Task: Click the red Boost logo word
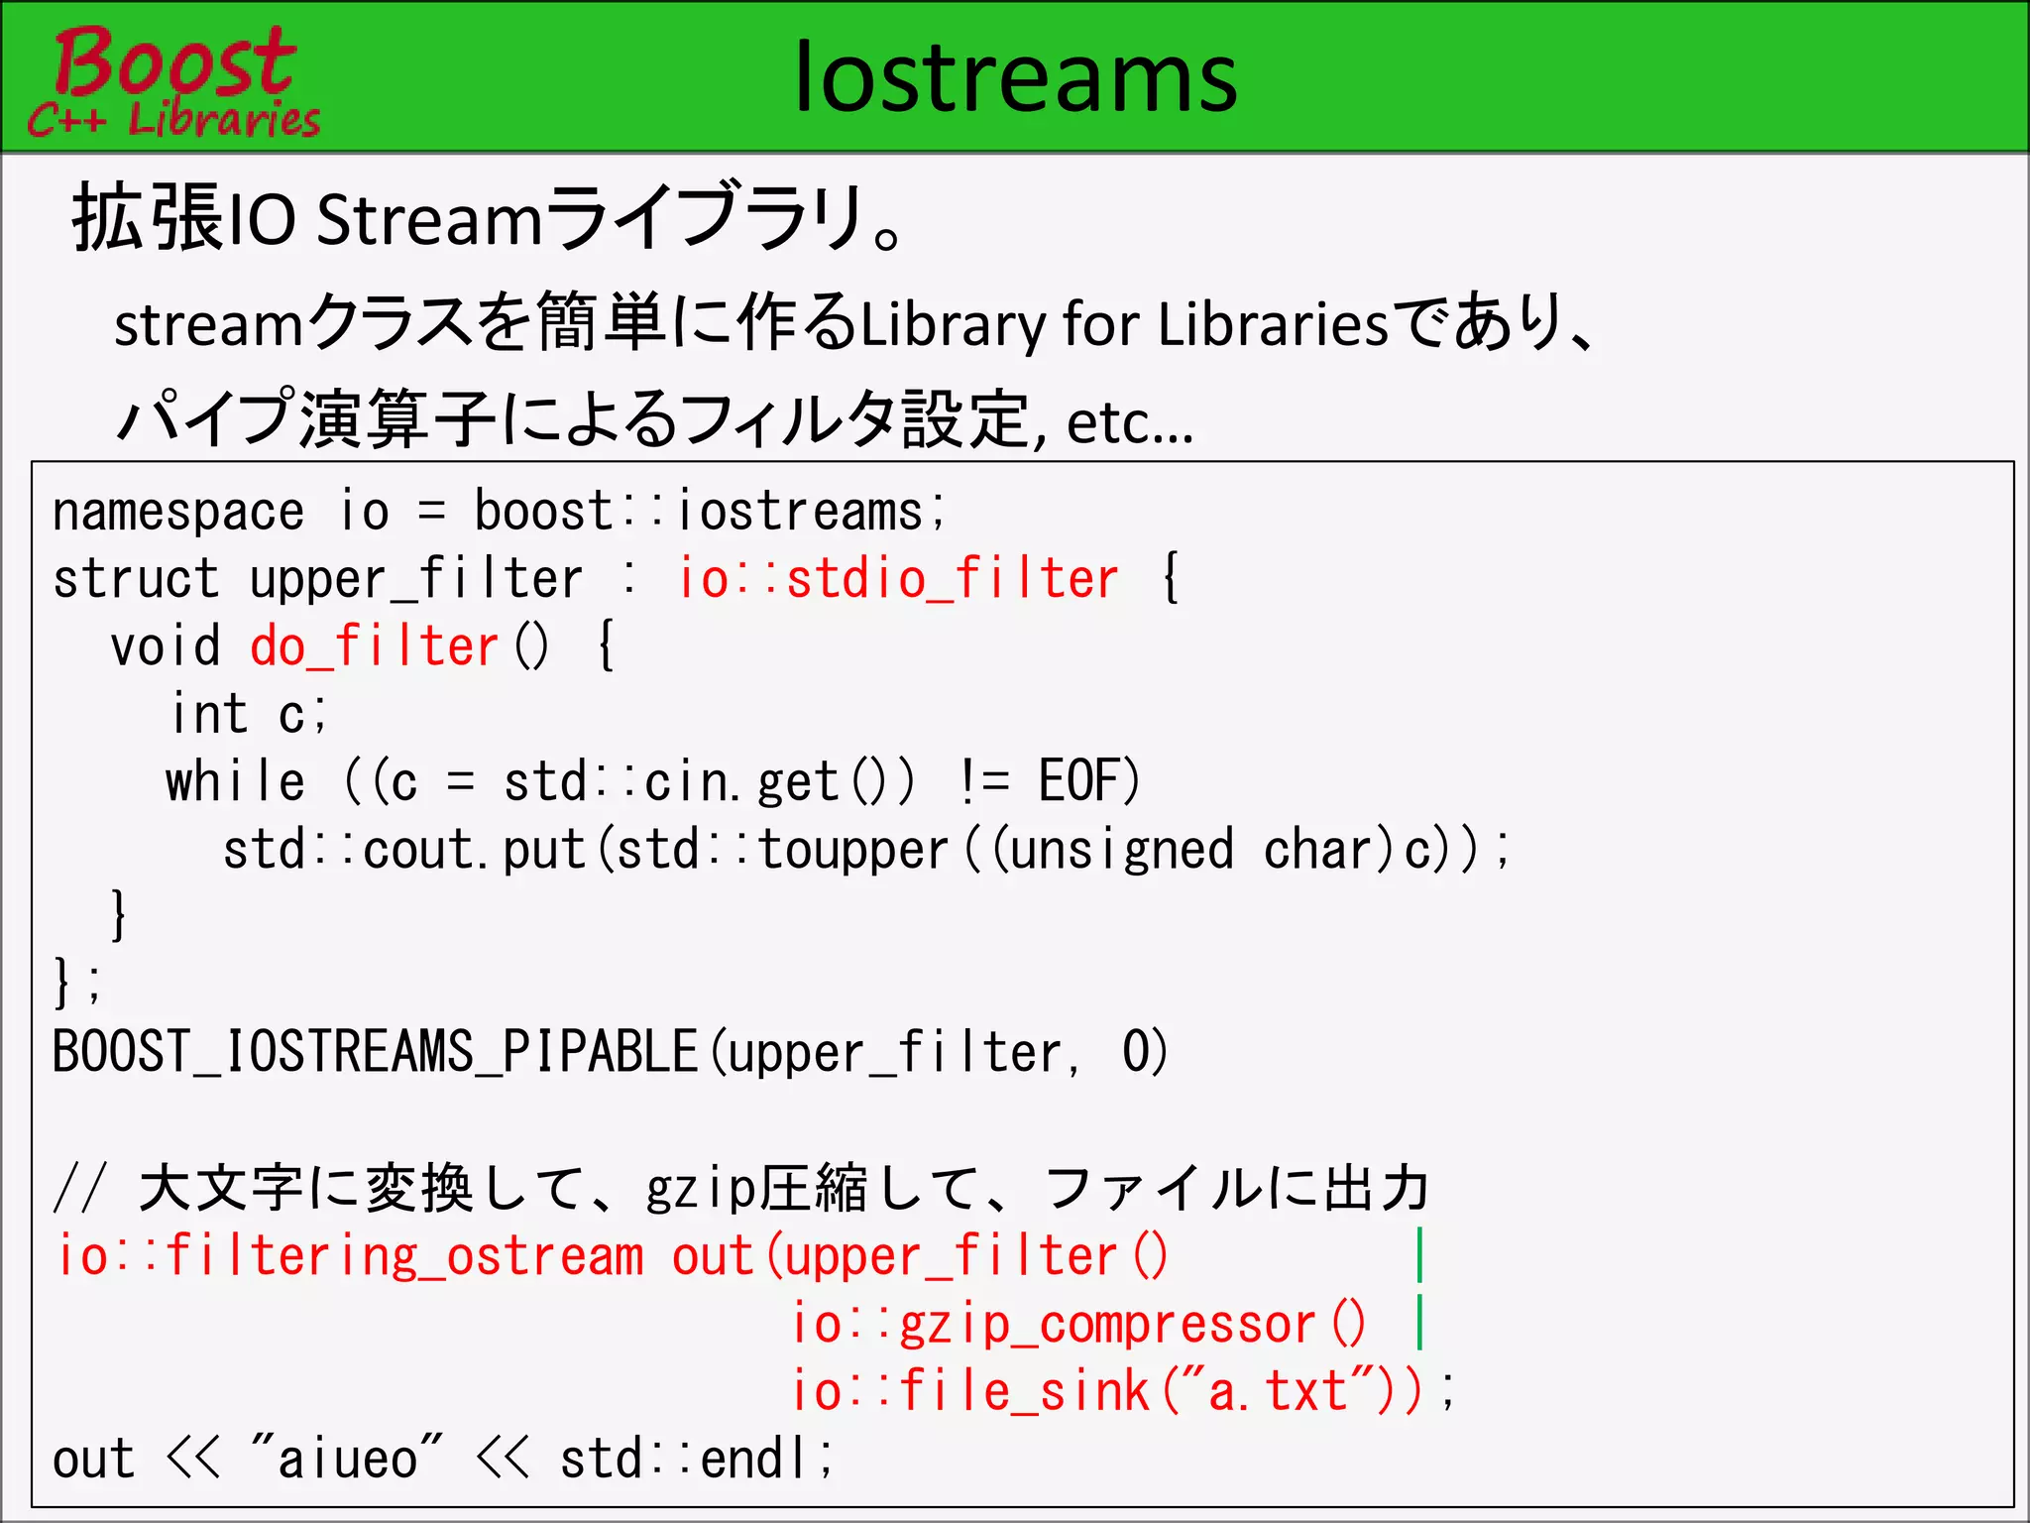pos(174,61)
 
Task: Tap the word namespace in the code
pos(178,512)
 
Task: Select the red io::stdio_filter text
pos(898,579)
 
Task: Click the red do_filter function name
pos(375,647)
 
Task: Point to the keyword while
pos(236,782)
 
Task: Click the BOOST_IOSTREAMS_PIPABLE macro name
pos(375,1052)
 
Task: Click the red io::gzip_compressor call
pos(1078,1324)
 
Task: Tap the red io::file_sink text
pos(969,1391)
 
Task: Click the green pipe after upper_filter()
pos(1420,1254)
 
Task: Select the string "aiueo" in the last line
pos(347,1459)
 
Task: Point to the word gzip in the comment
pos(700,1189)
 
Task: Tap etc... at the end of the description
pos(1130,423)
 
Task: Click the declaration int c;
pos(248,715)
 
